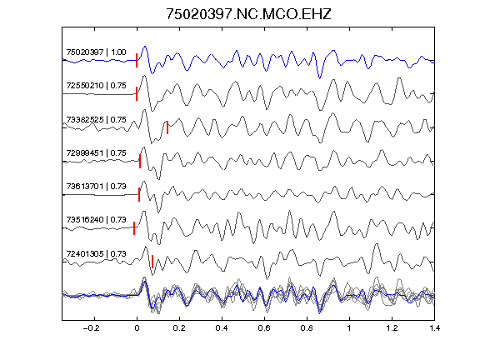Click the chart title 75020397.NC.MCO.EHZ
pyautogui.click(x=248, y=14)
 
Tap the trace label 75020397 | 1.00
pyautogui.click(x=96, y=52)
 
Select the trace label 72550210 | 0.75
pyautogui.click(x=96, y=85)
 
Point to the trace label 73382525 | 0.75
pyautogui.click(x=96, y=119)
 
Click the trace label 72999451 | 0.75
pyautogui.click(x=96, y=152)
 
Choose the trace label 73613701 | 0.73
pyautogui.click(x=96, y=186)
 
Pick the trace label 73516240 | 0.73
pyautogui.click(x=96, y=219)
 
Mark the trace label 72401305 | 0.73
pyautogui.click(x=96, y=253)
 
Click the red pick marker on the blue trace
pyautogui.click(x=137, y=60)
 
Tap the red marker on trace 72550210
pyautogui.click(x=137, y=93)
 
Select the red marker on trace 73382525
pyautogui.click(x=167, y=127)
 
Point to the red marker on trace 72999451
pyautogui.click(x=140, y=161)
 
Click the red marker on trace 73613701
pyautogui.click(x=139, y=194)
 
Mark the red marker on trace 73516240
pyautogui.click(x=134, y=228)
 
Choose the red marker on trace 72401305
pyautogui.click(x=152, y=262)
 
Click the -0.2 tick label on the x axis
pyautogui.click(x=91, y=328)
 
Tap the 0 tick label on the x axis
pyautogui.click(x=137, y=328)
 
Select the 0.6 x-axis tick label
pyautogui.click(x=264, y=328)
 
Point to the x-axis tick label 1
pyautogui.click(x=349, y=328)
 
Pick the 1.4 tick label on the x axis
pyautogui.click(x=434, y=328)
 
